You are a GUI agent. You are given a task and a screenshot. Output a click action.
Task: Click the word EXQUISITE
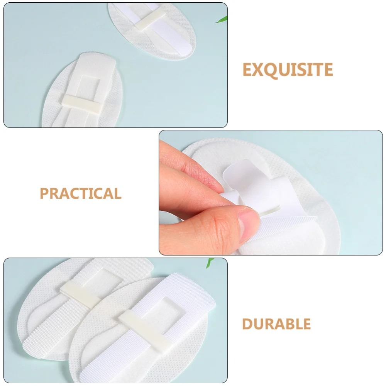click(288, 70)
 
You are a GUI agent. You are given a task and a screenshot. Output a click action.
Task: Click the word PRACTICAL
click(81, 193)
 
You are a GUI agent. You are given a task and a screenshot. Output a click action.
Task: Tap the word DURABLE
click(276, 324)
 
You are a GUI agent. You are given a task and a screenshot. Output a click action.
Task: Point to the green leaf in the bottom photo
click(210, 262)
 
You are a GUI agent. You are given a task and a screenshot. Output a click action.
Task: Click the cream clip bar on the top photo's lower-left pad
click(82, 103)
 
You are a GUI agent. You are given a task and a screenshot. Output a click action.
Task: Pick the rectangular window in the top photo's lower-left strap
click(90, 86)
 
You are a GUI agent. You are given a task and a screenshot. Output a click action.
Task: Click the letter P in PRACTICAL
click(44, 193)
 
